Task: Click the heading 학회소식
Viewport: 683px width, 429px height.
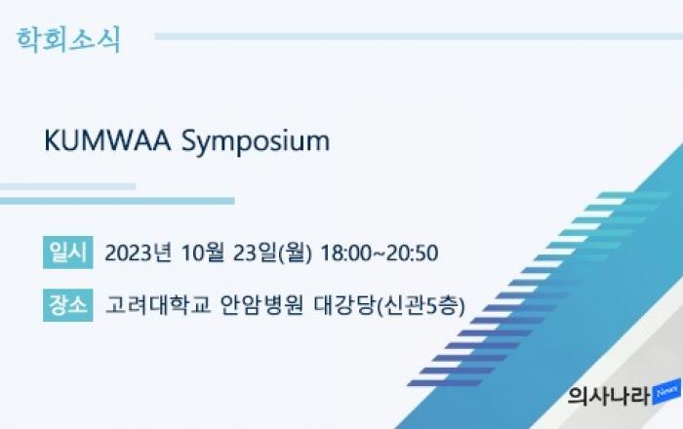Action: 68,40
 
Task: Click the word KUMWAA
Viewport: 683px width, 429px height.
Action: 107,140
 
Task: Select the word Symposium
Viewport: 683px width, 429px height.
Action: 256,142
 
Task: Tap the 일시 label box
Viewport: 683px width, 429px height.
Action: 68,253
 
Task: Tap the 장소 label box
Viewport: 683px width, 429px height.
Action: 68,305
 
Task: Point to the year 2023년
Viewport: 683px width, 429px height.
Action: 139,253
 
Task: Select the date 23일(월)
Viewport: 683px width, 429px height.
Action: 272,253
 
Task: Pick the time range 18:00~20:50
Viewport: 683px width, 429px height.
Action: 380,253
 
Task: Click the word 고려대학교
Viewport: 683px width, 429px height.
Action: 158,305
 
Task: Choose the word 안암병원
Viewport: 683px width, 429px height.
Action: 261,305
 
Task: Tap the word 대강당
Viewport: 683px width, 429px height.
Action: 344,305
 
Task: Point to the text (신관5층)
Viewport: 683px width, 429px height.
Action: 420,305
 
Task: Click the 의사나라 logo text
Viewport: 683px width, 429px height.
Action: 610,396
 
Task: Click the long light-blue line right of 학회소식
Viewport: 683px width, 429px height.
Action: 419,36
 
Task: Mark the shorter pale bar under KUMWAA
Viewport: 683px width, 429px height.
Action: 68,186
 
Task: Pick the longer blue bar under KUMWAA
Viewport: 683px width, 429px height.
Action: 117,201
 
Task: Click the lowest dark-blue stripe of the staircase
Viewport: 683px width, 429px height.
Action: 445,383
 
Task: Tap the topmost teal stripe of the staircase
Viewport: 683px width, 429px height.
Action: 634,195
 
